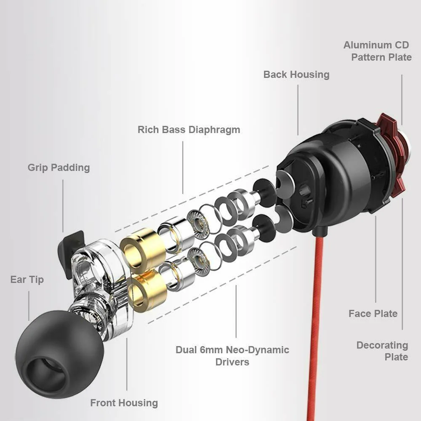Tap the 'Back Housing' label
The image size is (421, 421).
(296, 75)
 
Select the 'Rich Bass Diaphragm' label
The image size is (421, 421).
(189, 129)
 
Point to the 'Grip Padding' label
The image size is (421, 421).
(59, 168)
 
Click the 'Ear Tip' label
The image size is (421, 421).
(27, 280)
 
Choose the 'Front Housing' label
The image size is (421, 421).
(124, 403)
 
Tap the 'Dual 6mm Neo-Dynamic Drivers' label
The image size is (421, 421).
(232, 356)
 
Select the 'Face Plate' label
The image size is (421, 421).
(373, 314)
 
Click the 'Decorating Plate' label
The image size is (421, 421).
(382, 351)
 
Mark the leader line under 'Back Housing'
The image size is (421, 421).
(298, 109)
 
